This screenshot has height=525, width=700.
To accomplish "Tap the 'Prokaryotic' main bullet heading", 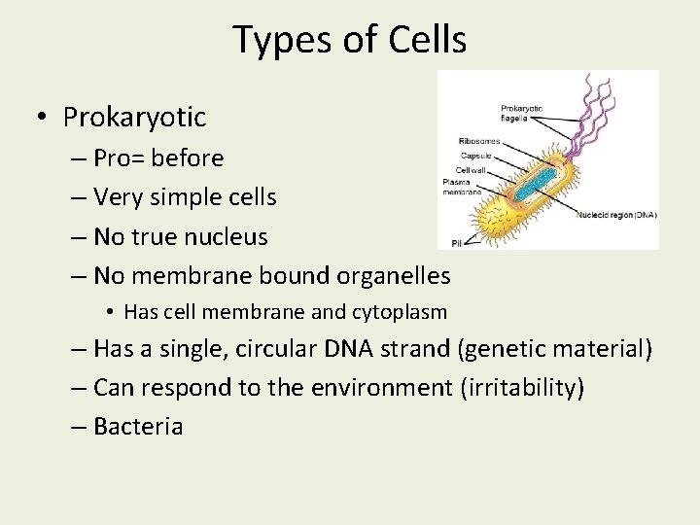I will [134, 118].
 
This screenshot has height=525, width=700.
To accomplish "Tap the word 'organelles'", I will [393, 276].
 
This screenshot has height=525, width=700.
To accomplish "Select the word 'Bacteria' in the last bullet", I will [138, 427].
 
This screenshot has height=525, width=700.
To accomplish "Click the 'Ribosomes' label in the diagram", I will [478, 143].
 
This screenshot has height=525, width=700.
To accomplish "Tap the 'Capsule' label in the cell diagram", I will [476, 156].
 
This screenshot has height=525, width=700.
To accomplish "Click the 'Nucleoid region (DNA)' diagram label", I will [615, 214].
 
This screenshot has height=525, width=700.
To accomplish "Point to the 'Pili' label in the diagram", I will [456, 242].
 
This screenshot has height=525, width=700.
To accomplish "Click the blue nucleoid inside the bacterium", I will [532, 185].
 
